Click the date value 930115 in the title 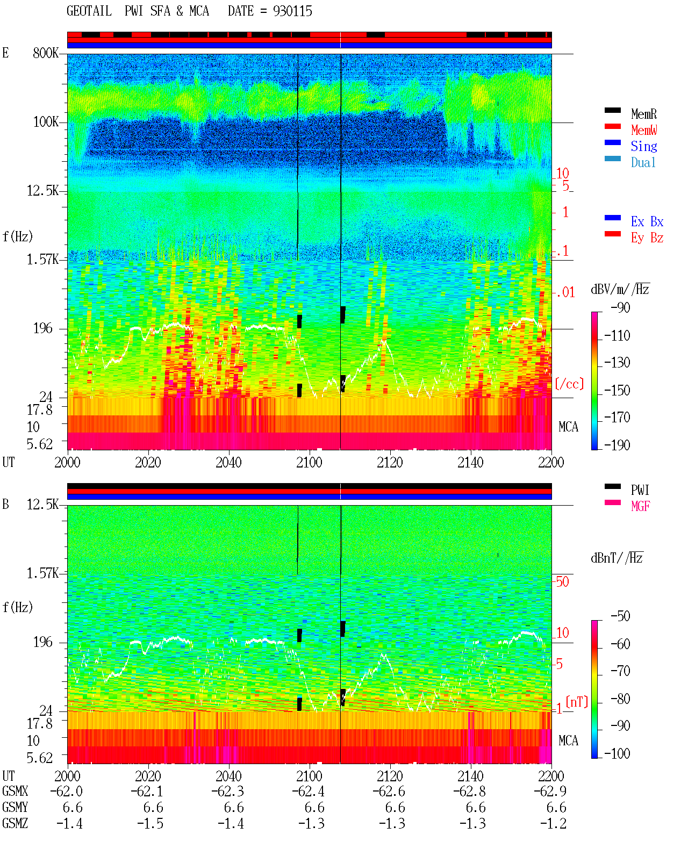click(x=292, y=11)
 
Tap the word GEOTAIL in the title click(x=89, y=11)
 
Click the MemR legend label click(x=644, y=114)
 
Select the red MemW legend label click(x=644, y=130)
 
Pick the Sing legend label click(x=644, y=146)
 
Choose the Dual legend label click(x=643, y=162)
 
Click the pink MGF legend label click(x=640, y=506)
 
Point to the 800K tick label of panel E click(x=46, y=53)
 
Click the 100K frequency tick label click(x=46, y=122)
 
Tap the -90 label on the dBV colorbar click(x=620, y=307)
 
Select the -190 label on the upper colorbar click(x=617, y=445)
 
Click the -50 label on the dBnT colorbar click(x=620, y=616)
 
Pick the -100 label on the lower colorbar click(x=617, y=753)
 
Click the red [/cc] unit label click(x=569, y=384)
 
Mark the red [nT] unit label click(x=577, y=702)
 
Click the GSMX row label click(x=15, y=791)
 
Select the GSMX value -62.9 click(x=550, y=792)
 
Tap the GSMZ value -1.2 click(x=553, y=823)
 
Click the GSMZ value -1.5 click(x=150, y=823)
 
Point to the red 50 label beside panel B click(x=562, y=581)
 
